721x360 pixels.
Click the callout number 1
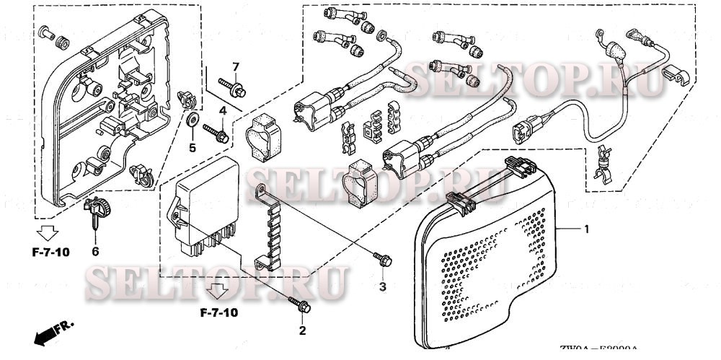click(587, 229)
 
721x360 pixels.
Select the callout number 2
click(302, 331)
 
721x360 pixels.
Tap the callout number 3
click(383, 287)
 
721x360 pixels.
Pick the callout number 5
click(193, 148)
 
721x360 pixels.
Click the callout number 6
click(94, 251)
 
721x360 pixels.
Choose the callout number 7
click(235, 67)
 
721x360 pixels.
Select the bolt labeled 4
click(216, 132)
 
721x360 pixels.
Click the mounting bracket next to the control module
click(270, 227)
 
